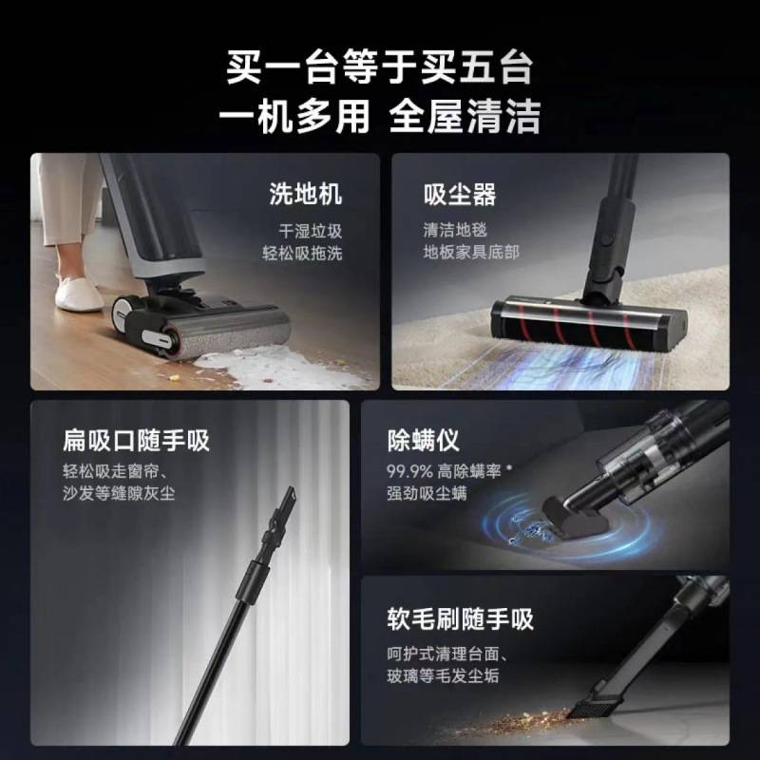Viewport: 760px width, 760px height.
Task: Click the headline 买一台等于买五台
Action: [380, 68]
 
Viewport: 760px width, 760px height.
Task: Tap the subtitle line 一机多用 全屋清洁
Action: [380, 118]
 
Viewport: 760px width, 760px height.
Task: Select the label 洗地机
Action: [305, 196]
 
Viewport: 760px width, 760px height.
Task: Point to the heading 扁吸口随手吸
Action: [136, 441]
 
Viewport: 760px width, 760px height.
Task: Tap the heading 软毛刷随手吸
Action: [460, 619]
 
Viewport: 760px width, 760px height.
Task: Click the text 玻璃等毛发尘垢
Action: [442, 676]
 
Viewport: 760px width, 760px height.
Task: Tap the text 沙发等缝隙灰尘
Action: [119, 494]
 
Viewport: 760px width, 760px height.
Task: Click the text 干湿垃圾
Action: [310, 231]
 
